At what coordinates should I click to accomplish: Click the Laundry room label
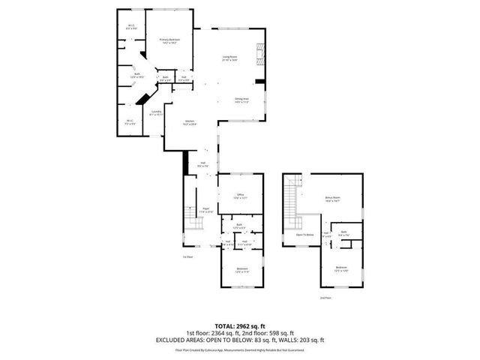tap(156, 112)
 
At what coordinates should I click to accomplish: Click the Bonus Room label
tap(333, 199)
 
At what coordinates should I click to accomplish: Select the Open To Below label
tap(304, 235)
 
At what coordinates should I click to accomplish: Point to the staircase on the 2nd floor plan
tap(292, 199)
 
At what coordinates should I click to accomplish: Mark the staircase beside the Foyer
tap(196, 225)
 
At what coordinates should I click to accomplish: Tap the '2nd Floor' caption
tap(323, 298)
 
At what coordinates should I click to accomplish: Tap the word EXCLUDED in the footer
tap(174, 340)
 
